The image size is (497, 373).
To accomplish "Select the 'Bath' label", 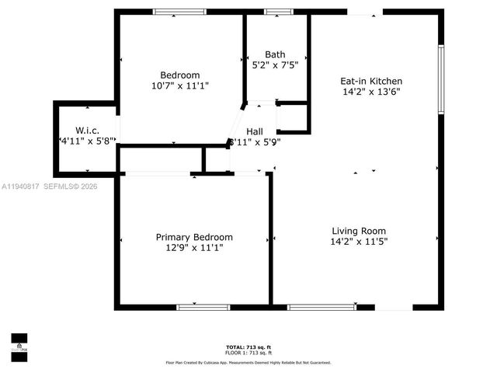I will [275, 54].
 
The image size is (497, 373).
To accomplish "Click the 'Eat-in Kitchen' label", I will [371, 81].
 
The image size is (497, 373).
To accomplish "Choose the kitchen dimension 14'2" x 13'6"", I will [371, 91].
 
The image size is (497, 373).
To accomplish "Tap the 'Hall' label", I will [255, 131].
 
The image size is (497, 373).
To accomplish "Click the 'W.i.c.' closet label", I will [87, 130].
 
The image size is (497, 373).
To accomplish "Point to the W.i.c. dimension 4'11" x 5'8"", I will [87, 141].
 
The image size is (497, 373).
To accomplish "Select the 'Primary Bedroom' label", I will [194, 237].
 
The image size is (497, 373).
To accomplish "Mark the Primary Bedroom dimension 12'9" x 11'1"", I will [194, 248].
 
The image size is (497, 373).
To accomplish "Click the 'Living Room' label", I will [359, 231].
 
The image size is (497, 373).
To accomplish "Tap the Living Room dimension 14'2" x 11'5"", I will [359, 242].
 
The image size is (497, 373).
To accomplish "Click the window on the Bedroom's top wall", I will [179, 12].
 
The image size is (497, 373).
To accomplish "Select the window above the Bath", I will [278, 12].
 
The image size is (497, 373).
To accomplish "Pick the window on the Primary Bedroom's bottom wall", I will [203, 307].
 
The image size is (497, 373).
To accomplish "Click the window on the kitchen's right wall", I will [440, 78].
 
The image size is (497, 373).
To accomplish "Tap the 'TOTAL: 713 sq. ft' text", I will [248, 347].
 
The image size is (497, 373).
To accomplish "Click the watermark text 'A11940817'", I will [19, 186].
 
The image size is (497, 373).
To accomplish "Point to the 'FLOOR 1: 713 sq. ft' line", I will [248, 352].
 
